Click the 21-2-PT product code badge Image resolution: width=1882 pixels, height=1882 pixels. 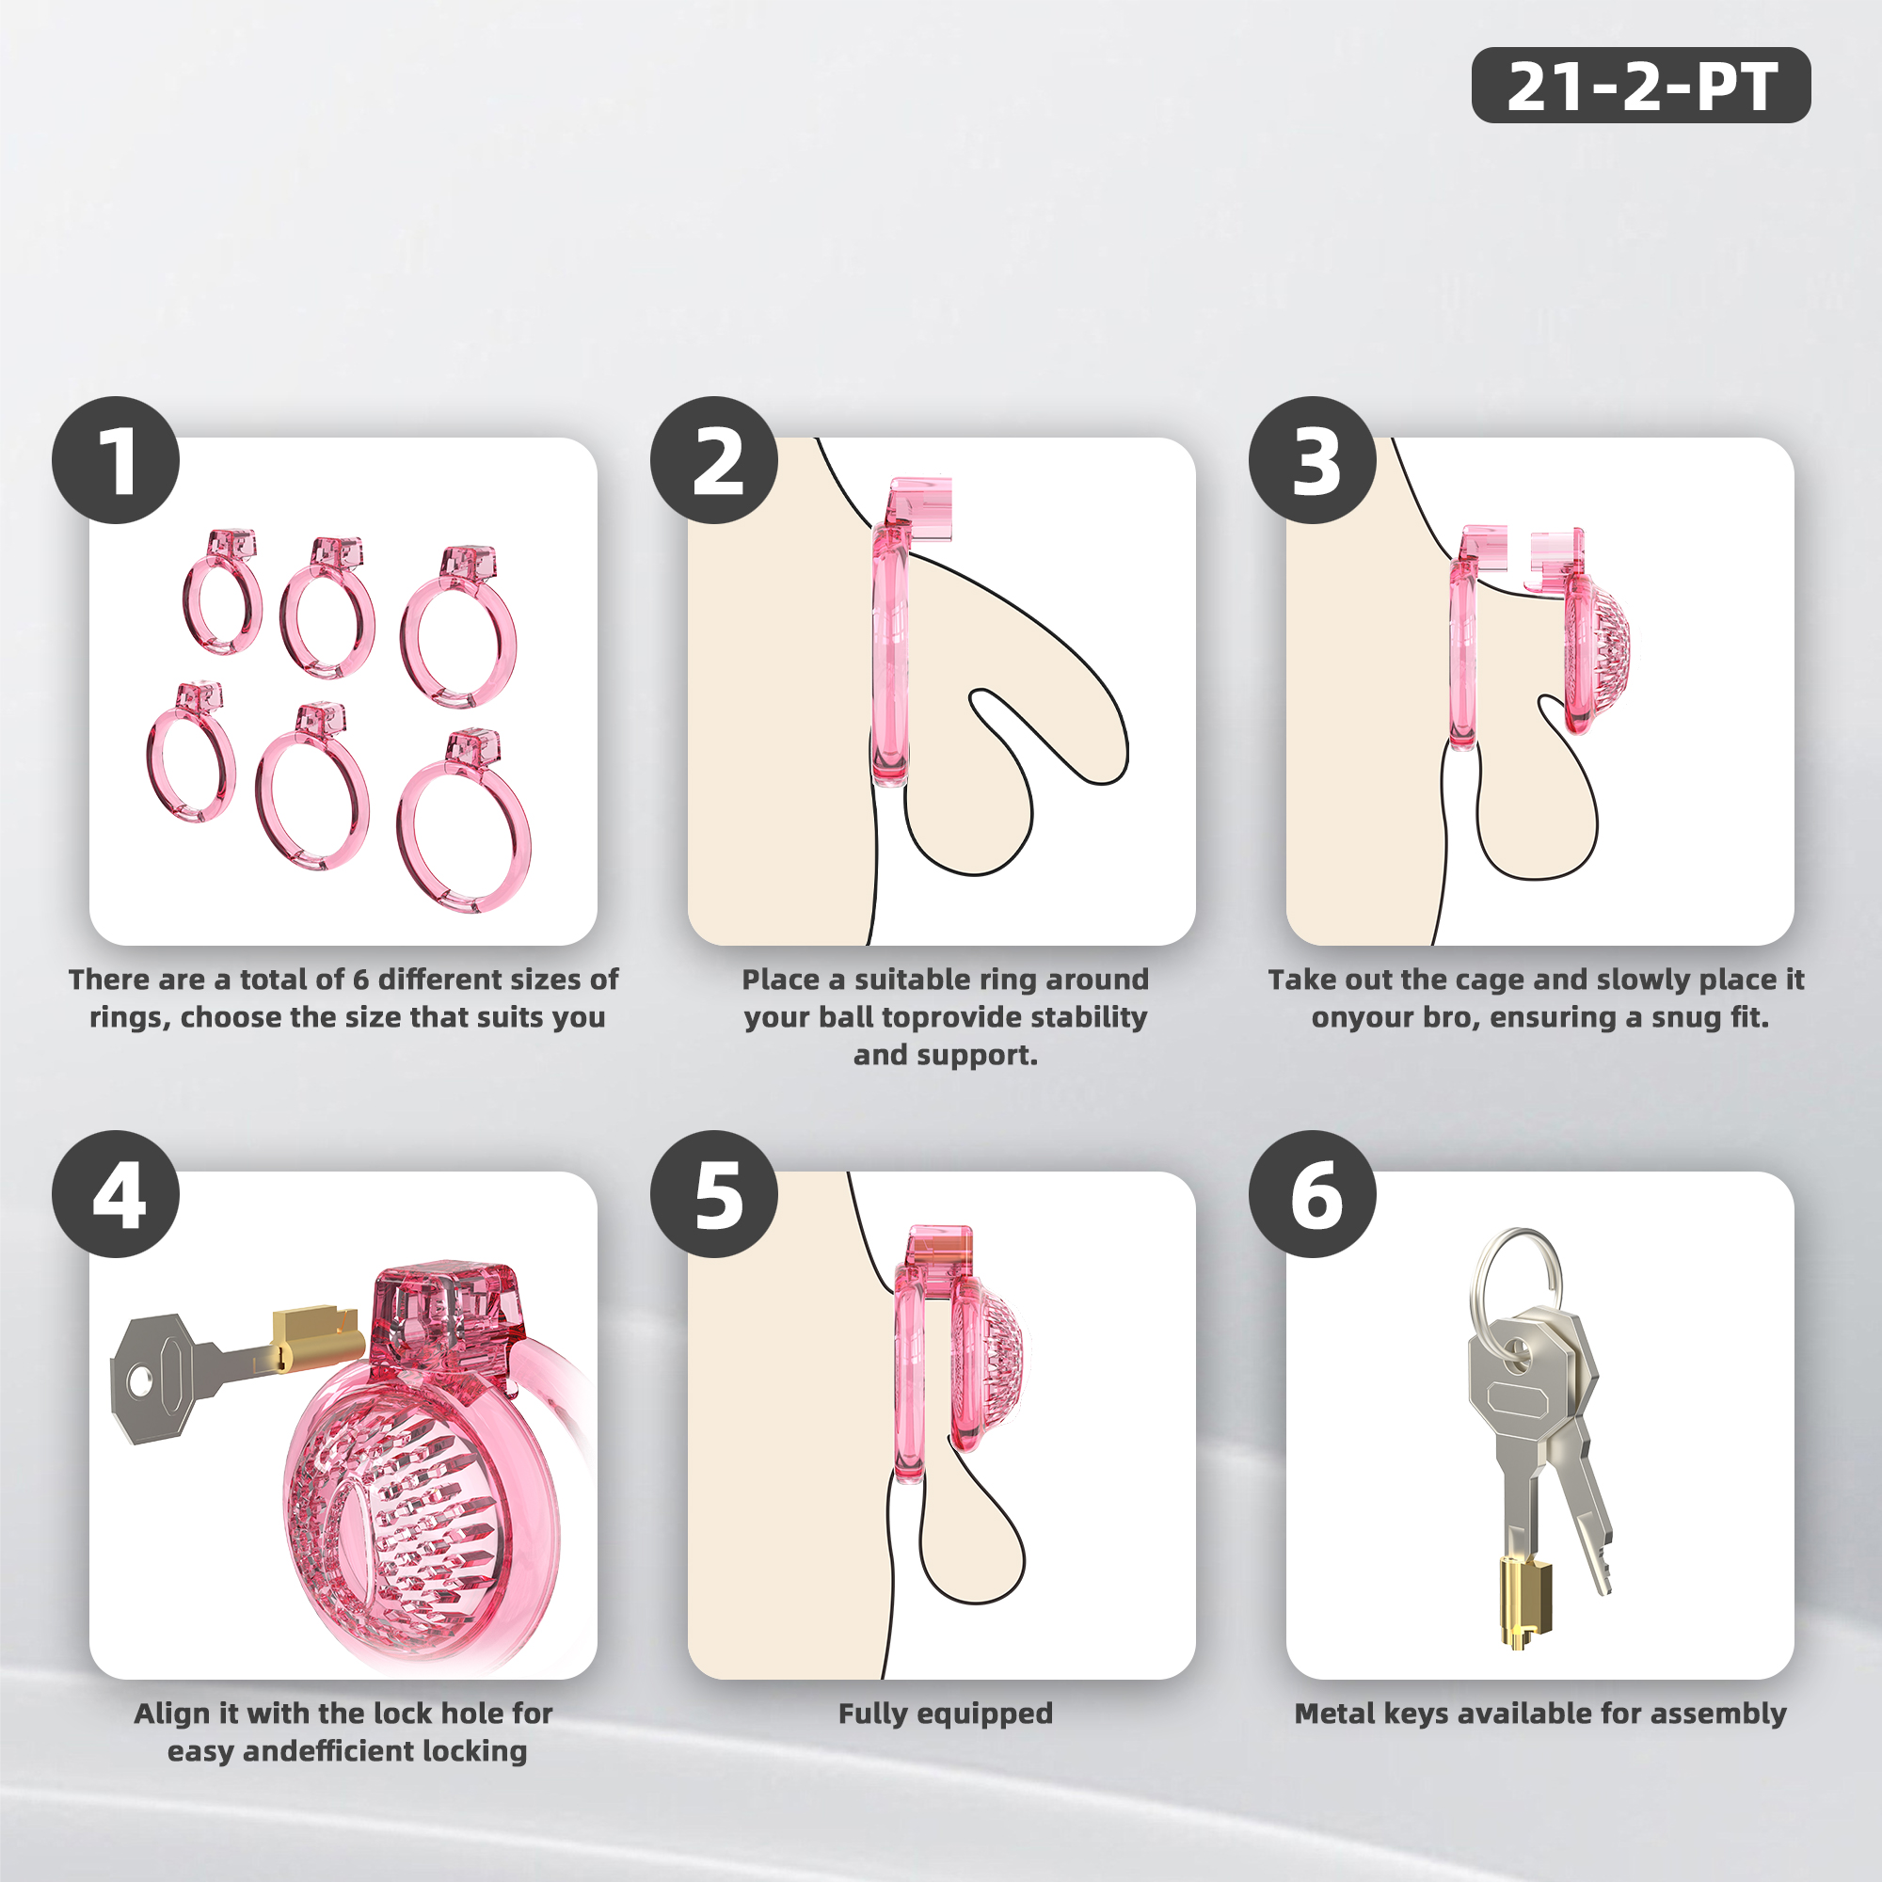1640,85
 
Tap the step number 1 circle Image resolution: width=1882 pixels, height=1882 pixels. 116,460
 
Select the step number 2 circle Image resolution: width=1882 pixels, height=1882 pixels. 714,460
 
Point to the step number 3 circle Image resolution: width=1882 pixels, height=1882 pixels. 1312,460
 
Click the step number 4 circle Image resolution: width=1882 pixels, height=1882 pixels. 116,1193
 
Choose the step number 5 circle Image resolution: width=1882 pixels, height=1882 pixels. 714,1193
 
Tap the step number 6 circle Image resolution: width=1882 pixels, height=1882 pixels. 1312,1193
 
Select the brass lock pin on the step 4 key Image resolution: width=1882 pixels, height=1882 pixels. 313,1336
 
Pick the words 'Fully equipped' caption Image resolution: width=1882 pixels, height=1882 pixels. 946,1714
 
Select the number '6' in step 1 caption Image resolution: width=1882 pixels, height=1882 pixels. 360,979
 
